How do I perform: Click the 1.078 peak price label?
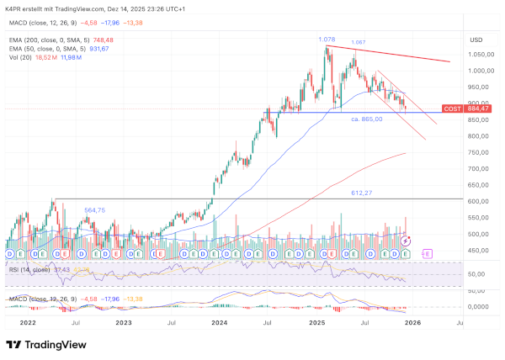coord(327,40)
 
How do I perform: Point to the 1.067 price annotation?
coord(358,42)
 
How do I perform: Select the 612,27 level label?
coord(363,193)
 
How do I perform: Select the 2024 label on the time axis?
coord(220,322)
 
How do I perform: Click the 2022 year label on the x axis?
coord(28,322)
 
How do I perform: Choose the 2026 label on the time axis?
coord(412,322)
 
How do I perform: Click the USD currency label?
coord(476,40)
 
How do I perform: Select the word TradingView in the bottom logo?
coord(58,344)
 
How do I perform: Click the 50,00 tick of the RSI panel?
coord(478,274)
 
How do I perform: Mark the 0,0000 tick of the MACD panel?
coord(477,307)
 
